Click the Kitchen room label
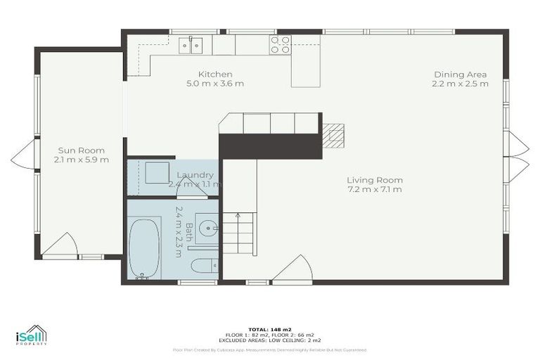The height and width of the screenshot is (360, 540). coord(215,75)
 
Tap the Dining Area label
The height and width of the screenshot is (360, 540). coord(460,75)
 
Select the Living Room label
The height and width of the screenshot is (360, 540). coord(375,180)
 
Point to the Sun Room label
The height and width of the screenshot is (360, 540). coord(81,150)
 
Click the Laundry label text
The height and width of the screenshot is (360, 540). coord(195,175)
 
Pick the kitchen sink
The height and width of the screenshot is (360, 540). coord(190,44)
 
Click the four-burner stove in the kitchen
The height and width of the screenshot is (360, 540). coord(281,44)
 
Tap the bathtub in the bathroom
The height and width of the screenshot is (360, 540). coord(144,248)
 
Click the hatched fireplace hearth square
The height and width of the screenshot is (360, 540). coord(334,135)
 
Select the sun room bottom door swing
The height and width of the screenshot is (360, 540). coord(60,245)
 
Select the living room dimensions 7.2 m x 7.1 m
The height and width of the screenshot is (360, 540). coord(375,189)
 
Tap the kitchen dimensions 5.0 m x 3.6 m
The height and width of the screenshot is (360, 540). coord(215,84)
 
